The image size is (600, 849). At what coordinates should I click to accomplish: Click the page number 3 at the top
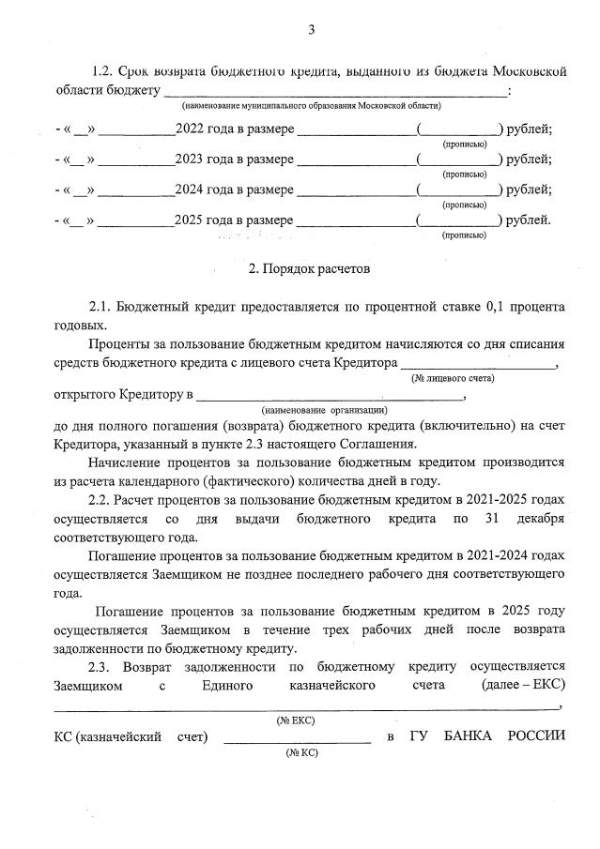(311, 30)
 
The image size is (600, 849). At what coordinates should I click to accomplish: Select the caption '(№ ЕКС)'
(295, 720)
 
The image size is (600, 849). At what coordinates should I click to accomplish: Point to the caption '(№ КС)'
(296, 752)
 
